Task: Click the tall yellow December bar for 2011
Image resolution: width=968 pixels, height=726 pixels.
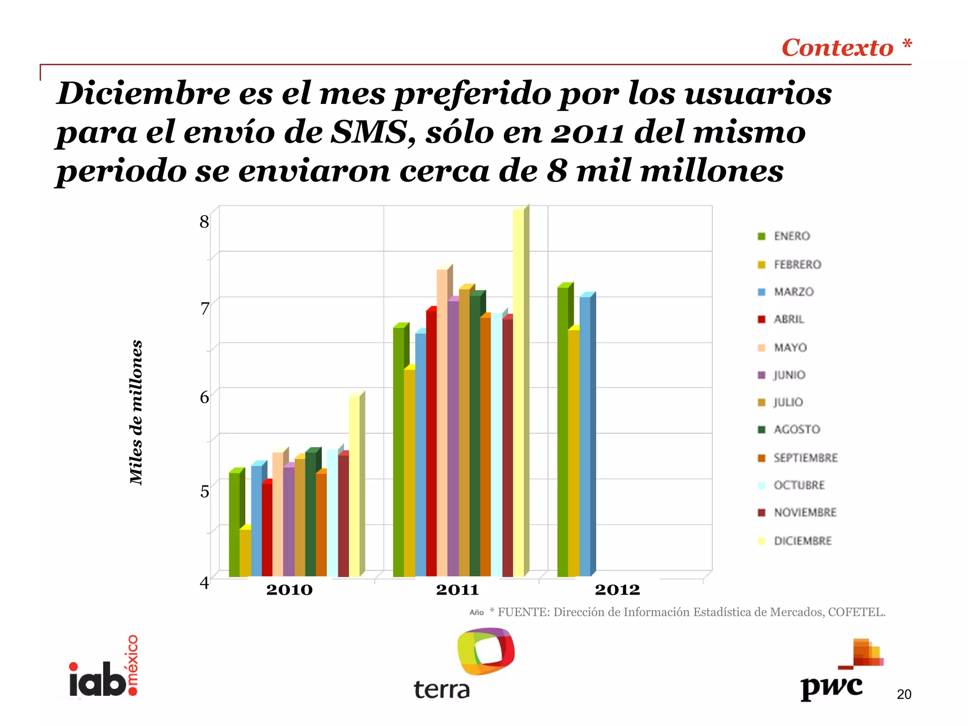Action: [x=519, y=392]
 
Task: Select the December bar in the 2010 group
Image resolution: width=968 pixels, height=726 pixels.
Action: [x=354, y=487]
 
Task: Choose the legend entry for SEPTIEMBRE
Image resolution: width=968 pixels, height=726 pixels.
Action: [x=799, y=458]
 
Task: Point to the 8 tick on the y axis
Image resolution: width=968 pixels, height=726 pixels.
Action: [x=204, y=221]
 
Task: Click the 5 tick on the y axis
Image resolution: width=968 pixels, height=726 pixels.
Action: [x=204, y=492]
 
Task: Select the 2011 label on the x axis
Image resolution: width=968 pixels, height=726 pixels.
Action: [x=457, y=590]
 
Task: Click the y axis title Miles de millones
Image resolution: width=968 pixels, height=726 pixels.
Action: [x=136, y=412]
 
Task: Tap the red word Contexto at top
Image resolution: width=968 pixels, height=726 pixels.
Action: [x=837, y=48]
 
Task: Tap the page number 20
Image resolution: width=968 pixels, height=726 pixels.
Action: [x=904, y=694]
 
